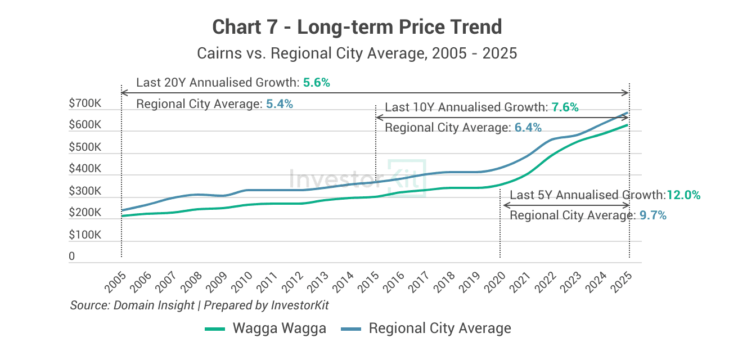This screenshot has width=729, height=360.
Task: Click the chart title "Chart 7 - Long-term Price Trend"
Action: click(x=357, y=26)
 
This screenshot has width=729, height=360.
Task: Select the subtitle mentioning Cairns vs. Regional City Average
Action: click(x=357, y=53)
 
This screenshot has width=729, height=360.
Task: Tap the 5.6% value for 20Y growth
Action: click(x=316, y=83)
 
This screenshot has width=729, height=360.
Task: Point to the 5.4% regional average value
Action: click(x=280, y=104)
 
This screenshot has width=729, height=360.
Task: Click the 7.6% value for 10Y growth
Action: click(x=565, y=107)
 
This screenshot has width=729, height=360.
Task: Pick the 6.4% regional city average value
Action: click(x=528, y=128)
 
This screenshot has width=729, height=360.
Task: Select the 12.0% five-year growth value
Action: click(x=683, y=195)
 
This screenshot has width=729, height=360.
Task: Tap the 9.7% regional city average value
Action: click(x=652, y=215)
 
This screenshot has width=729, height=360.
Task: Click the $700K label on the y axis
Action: click(x=85, y=103)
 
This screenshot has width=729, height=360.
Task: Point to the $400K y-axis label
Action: click(x=85, y=169)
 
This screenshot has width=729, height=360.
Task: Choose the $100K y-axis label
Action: click(x=85, y=235)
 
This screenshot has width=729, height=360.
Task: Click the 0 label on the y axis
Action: click(x=72, y=256)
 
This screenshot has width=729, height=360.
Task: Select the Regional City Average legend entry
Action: click(x=426, y=328)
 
